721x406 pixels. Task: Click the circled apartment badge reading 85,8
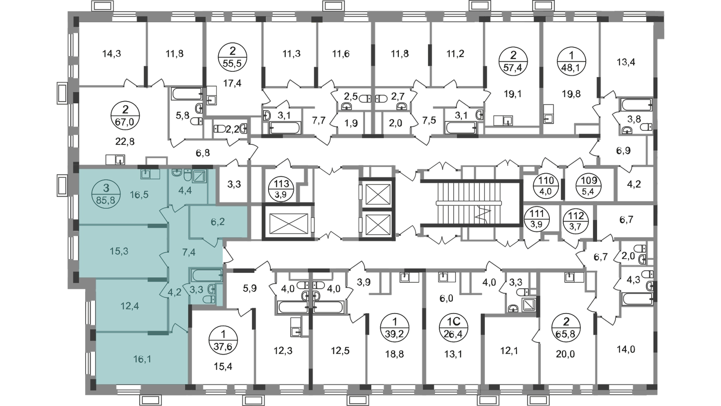(x=106, y=194)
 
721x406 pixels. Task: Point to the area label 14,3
(x=111, y=54)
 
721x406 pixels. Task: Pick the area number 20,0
(x=565, y=355)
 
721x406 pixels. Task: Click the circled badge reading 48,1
(x=571, y=61)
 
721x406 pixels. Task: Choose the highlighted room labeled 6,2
(x=218, y=221)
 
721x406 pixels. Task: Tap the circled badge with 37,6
(x=224, y=341)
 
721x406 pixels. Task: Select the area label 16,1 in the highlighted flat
(x=142, y=359)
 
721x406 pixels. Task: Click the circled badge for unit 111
(x=537, y=219)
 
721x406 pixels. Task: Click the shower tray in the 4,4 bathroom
(x=200, y=176)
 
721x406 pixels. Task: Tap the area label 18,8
(x=395, y=355)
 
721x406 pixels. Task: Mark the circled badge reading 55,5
(x=233, y=57)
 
